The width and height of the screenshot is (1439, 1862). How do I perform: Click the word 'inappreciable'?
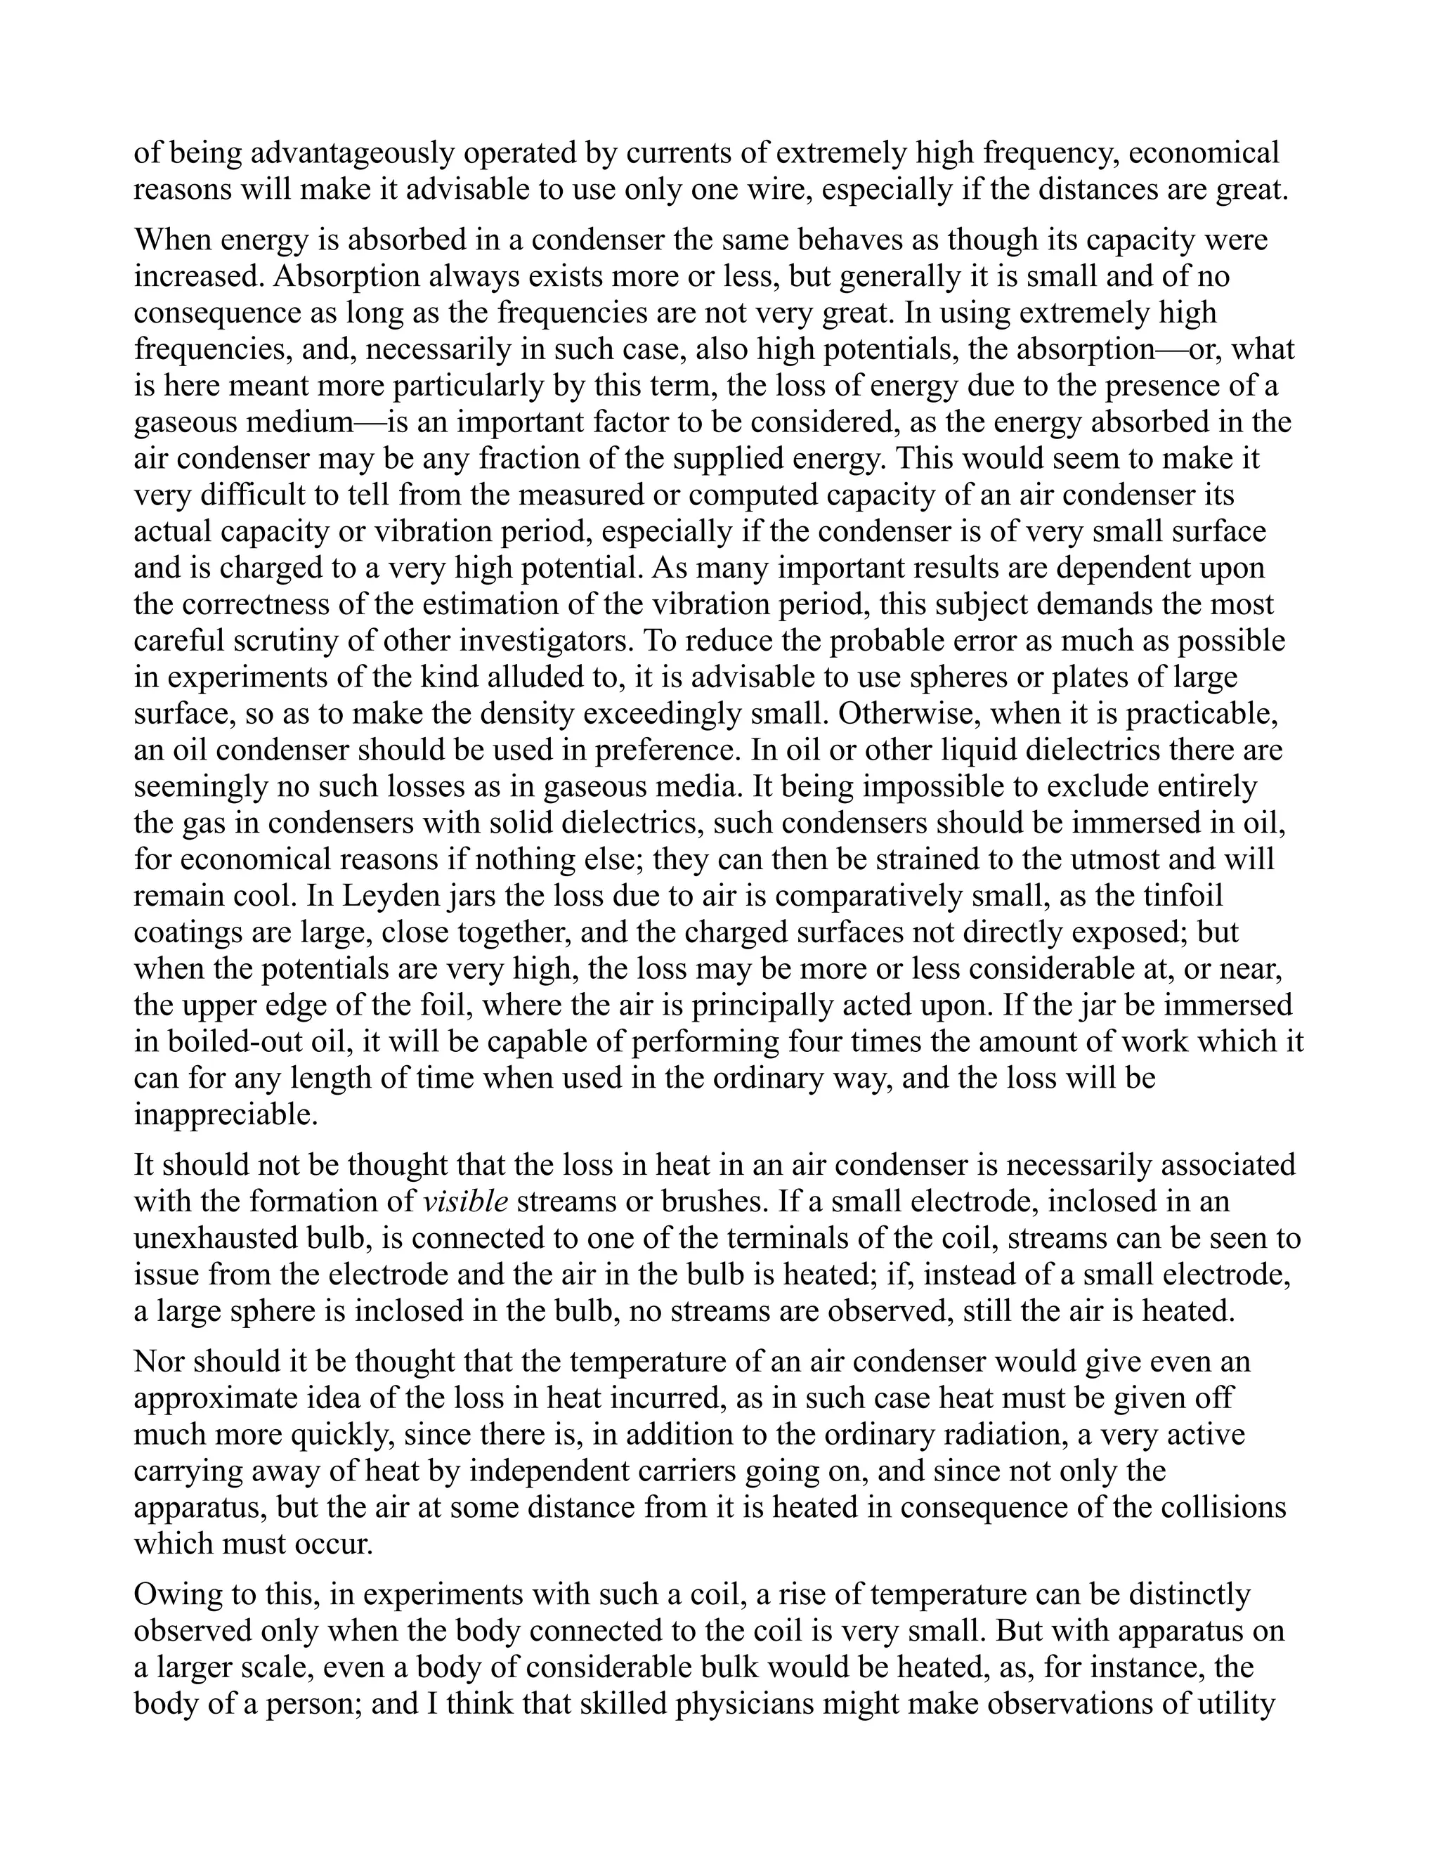tap(225, 1115)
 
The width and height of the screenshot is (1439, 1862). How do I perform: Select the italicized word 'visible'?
tap(465, 1202)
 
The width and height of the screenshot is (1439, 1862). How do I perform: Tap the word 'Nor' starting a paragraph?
tap(157, 1362)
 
